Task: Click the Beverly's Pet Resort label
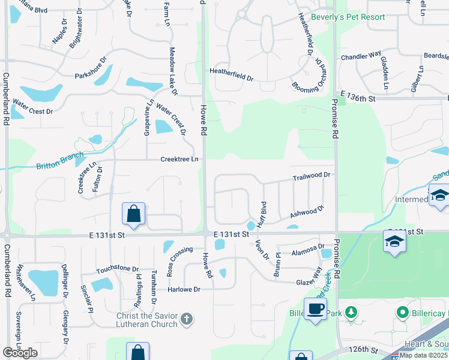click(348, 17)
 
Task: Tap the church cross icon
click(187, 318)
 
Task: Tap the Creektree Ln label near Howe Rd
click(179, 159)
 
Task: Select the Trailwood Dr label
click(312, 176)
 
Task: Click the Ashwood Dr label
click(307, 211)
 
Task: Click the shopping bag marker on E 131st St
click(133, 214)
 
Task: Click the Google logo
click(20, 353)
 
